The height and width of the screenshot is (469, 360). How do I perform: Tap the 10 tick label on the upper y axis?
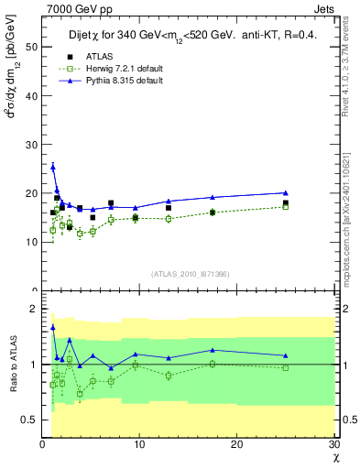[32, 242]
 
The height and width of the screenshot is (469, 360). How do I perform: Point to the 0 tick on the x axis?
[42, 445]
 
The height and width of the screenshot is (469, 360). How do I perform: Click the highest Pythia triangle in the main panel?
[53, 167]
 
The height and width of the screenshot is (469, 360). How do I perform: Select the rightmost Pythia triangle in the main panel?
[286, 192]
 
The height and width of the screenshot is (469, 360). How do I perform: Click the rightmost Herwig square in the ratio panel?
[286, 367]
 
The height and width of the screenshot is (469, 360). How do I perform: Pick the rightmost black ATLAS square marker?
[286, 203]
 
